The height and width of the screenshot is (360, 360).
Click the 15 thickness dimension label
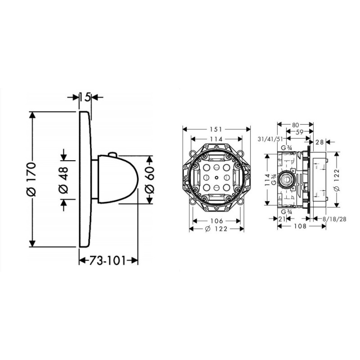point(85,96)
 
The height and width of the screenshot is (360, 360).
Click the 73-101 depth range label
point(108,260)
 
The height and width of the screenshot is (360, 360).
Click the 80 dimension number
point(295,125)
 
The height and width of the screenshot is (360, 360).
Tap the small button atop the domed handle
point(112,155)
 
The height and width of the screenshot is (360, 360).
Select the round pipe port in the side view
point(284,179)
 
